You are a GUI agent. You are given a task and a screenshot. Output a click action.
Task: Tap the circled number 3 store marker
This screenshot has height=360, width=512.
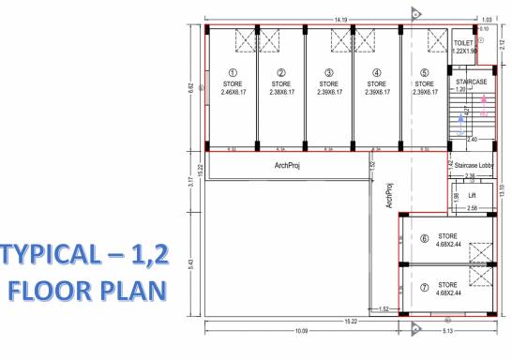pyautogui.click(x=327, y=72)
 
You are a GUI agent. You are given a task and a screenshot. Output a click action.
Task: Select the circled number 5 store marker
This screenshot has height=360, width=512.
pyautogui.click(x=424, y=72)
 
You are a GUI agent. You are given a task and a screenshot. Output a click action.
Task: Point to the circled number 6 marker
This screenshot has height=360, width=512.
pyautogui.click(x=424, y=239)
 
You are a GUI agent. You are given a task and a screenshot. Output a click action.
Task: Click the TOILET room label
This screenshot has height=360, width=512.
pyautogui.click(x=464, y=44)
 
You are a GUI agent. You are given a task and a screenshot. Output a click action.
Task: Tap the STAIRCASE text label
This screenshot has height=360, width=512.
pyautogui.click(x=470, y=82)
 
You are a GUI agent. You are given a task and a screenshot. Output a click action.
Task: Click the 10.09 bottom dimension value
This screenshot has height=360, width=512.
pyautogui.click(x=302, y=331)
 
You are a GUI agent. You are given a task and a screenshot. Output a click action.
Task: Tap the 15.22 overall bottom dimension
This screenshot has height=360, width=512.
pyautogui.click(x=349, y=322)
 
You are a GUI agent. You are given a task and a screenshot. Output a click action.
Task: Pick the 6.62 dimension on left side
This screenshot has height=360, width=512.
pyautogui.click(x=191, y=88)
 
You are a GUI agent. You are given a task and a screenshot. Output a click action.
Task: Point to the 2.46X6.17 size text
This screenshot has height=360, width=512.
pyautogui.click(x=233, y=92)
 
